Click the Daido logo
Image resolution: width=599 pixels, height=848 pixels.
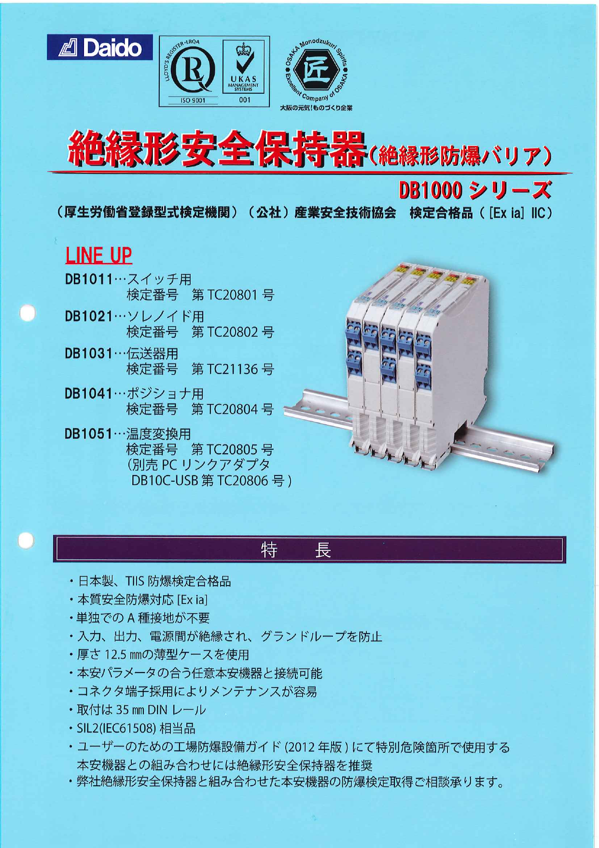tap(100, 47)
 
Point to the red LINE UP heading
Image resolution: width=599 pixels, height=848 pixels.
tap(98, 255)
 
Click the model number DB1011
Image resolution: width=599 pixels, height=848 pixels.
tap(89, 279)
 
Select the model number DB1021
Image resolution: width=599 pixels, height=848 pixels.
tap(89, 316)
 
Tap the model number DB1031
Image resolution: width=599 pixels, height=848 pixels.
tap(89, 354)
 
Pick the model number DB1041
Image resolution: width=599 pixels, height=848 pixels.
tap(89, 394)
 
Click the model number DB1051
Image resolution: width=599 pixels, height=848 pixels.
tap(89, 433)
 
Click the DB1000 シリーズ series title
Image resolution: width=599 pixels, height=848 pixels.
tap(474, 191)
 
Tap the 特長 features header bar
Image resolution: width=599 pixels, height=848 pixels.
tap(309, 549)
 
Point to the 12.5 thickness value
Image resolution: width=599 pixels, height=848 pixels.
tap(115, 655)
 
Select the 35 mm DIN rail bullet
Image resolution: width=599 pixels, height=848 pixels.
tap(141, 710)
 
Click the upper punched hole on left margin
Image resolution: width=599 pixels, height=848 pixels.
tap(28, 312)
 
